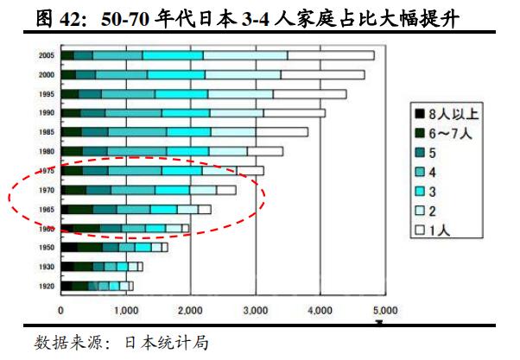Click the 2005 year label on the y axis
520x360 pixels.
47,55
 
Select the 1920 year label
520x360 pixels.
47,286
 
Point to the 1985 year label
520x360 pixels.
47,132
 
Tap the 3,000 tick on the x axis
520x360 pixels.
254,310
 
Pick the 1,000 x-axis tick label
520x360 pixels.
125,310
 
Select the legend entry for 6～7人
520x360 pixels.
452,134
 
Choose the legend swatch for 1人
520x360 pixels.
420,231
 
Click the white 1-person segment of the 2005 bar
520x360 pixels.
331,55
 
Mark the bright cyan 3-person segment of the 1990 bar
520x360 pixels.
187,112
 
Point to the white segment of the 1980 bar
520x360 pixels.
264,151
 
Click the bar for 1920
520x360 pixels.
96,286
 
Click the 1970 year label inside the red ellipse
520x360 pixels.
47,190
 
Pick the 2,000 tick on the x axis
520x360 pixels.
190,310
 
